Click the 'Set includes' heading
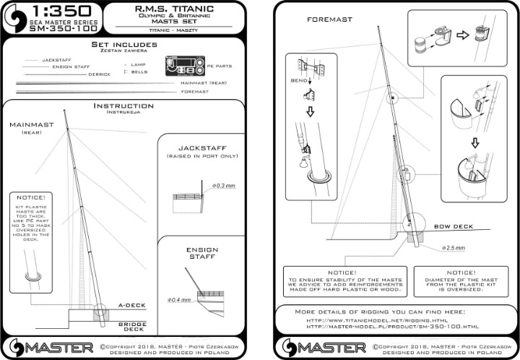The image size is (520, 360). [x=124, y=46]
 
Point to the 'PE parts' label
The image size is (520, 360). [x=223, y=71]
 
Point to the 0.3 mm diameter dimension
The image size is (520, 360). [x=225, y=186]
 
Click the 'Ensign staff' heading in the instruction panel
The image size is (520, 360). [x=201, y=254]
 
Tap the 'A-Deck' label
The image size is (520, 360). [x=129, y=305]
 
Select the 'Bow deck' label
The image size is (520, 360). [x=453, y=226]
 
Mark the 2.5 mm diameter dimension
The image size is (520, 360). [x=454, y=247]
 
